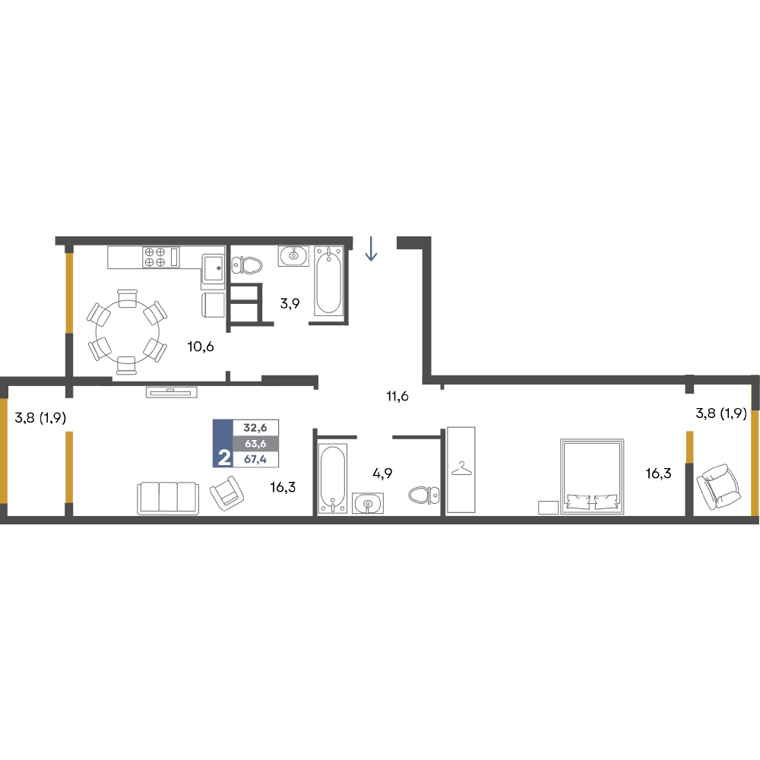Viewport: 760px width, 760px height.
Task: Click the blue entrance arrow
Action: [x=372, y=249]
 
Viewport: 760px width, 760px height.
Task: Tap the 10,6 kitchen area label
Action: [x=201, y=347]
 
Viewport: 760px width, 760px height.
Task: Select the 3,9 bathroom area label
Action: [x=290, y=303]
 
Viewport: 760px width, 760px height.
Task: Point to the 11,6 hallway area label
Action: [x=397, y=397]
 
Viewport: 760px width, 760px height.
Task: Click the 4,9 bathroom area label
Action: [x=382, y=473]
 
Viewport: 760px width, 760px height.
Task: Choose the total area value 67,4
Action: [x=255, y=459]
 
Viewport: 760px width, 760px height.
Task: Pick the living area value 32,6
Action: [x=255, y=427]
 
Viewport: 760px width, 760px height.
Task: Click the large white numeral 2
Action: [x=224, y=458]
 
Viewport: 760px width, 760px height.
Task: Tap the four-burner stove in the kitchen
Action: [x=161, y=257]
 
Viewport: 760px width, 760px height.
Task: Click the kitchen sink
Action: [x=214, y=268]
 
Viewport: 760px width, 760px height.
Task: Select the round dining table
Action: [x=128, y=332]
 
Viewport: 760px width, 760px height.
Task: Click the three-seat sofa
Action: [x=168, y=498]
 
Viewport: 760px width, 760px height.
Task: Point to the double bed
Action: [x=592, y=477]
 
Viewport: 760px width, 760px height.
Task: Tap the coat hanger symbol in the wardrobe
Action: [x=461, y=468]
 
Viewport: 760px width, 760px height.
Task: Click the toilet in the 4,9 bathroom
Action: [x=424, y=496]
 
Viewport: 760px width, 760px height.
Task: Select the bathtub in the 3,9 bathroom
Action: [x=328, y=280]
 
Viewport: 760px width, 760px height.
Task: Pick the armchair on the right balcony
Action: [x=719, y=486]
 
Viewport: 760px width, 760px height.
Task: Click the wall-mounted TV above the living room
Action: [x=172, y=392]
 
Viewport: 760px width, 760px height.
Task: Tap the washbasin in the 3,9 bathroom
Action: [x=293, y=255]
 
